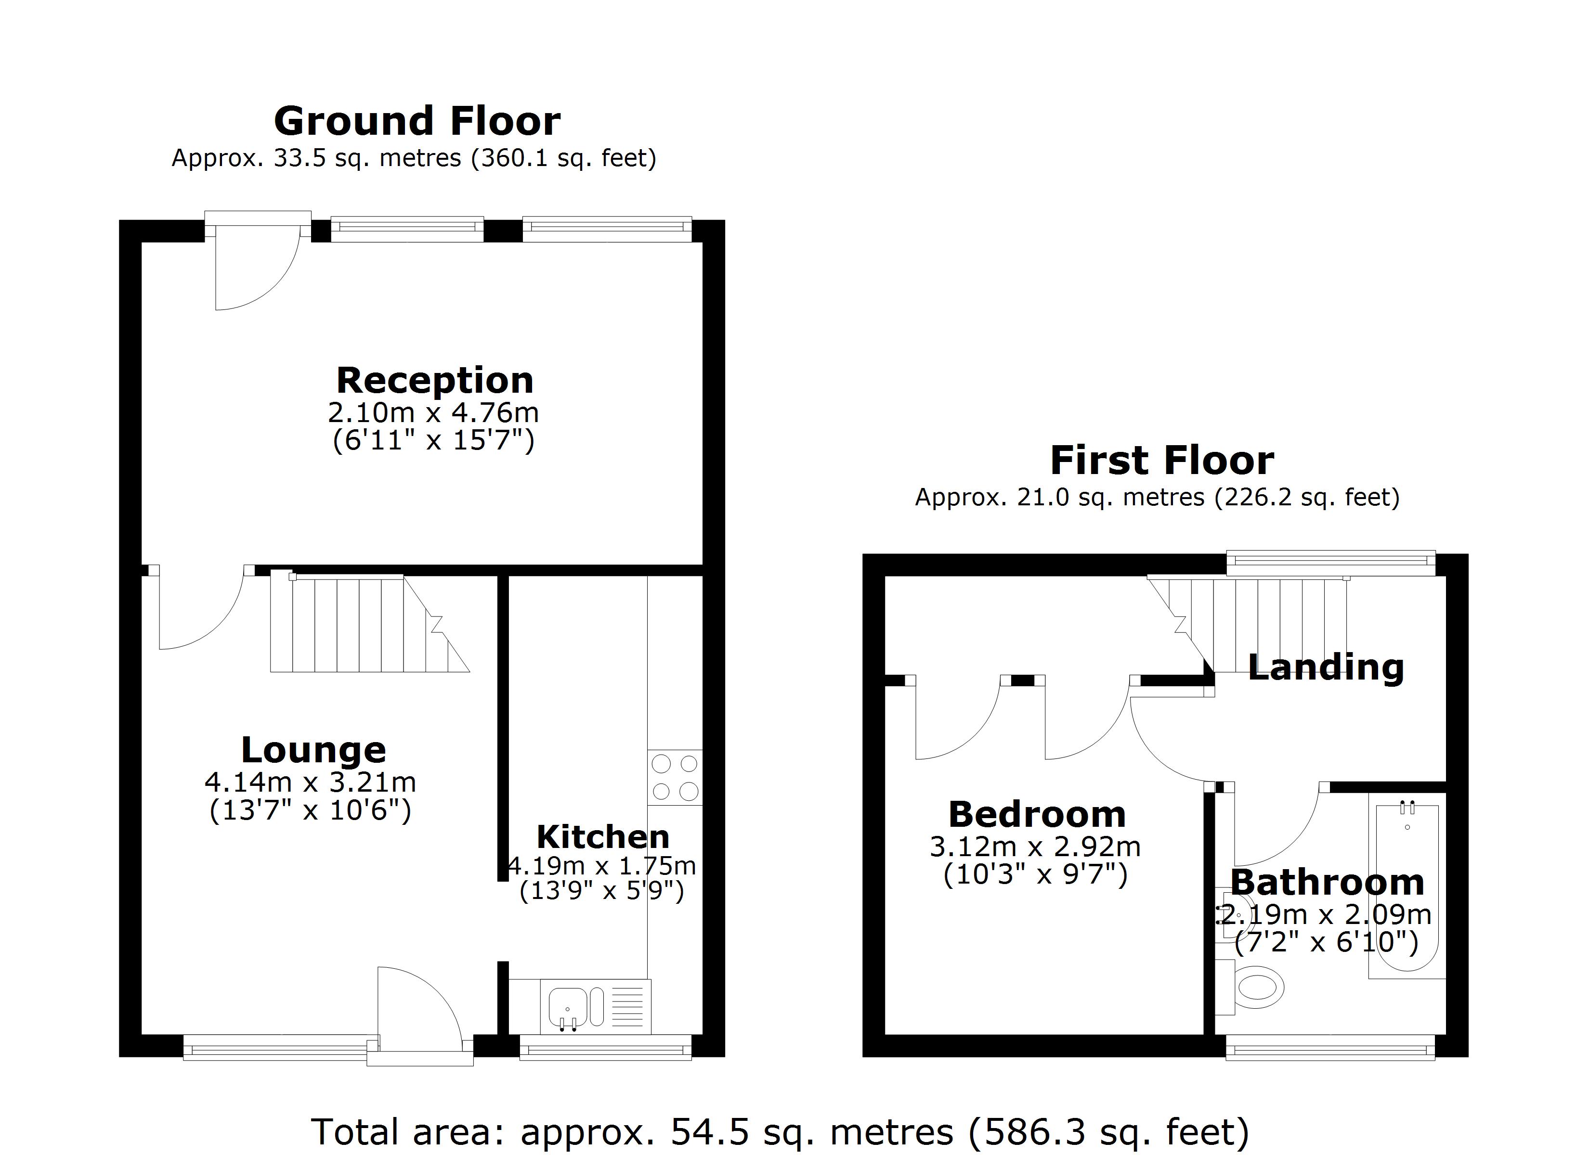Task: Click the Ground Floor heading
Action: click(417, 121)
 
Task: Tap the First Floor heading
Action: click(1161, 461)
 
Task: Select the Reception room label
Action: click(434, 380)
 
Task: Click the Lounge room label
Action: click(313, 750)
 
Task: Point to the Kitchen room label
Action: click(602, 837)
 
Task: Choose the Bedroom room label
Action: click(1036, 815)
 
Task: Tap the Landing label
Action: click(1326, 667)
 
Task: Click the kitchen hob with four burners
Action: click(675, 778)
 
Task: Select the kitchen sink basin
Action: click(568, 1006)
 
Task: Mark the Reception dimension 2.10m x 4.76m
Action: click(433, 412)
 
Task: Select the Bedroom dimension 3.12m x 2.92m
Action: click(1035, 847)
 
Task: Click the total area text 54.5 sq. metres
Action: click(779, 1131)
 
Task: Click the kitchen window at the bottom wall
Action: click(606, 1049)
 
